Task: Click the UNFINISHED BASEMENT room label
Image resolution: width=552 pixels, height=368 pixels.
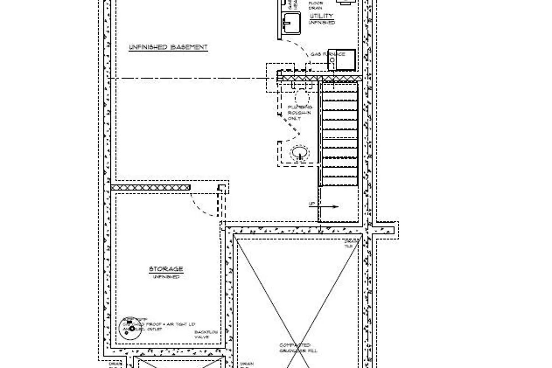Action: coord(168,47)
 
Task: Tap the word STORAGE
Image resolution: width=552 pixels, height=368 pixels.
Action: coord(166,269)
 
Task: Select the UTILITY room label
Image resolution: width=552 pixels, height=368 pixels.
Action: coord(321,16)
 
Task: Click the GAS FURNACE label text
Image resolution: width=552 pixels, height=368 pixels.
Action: coord(328,54)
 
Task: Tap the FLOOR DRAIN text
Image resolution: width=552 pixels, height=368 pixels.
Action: coord(316,5)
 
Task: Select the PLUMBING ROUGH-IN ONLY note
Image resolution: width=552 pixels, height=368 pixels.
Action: coord(300,113)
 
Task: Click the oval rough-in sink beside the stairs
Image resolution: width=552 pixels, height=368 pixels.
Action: coord(300,153)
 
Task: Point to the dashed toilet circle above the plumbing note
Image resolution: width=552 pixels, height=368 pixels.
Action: coord(302,98)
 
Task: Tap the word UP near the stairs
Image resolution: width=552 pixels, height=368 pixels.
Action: coord(312,204)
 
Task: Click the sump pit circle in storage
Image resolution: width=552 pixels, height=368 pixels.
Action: coord(127,328)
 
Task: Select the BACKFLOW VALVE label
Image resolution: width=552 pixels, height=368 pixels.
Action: coord(206,335)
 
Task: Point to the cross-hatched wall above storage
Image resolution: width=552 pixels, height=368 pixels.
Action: coord(151,188)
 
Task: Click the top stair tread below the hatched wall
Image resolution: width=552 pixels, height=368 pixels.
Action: coord(340,88)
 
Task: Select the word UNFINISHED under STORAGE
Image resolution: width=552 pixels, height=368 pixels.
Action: coord(166,276)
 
